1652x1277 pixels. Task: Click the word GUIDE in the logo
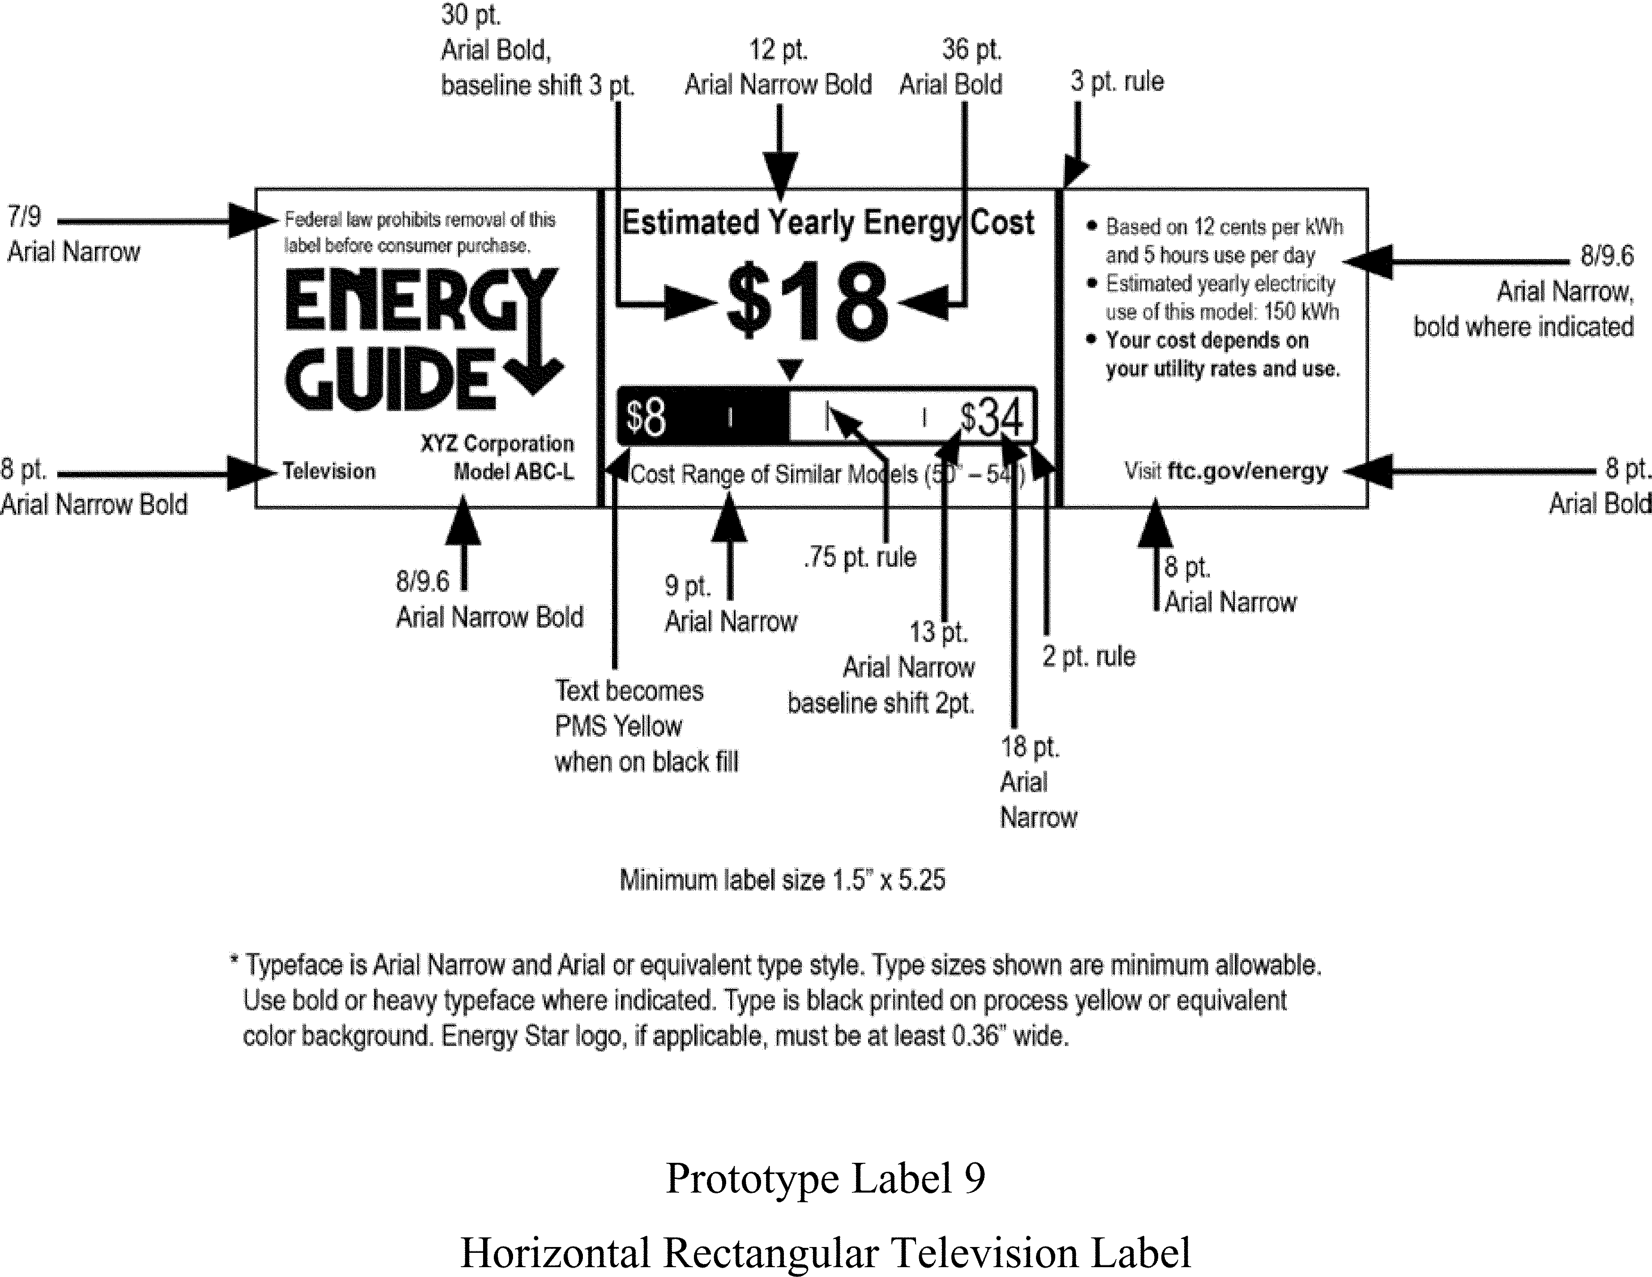389,379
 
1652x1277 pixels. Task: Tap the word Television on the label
329,471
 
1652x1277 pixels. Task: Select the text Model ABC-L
514,472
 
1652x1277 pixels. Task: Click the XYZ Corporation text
497,443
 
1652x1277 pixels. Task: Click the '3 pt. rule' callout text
1117,81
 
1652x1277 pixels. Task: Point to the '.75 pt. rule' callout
860,557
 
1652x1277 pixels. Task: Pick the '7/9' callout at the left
24,217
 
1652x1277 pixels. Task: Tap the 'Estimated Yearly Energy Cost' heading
827,223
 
